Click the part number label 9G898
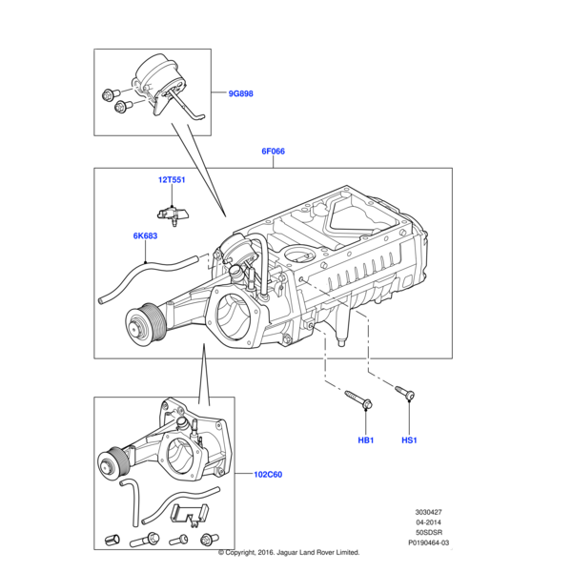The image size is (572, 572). tap(240, 93)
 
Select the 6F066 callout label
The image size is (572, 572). tap(274, 151)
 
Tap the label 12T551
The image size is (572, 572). tap(172, 179)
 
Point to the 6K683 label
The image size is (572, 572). tap(146, 236)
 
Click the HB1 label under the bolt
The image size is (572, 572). tap(365, 440)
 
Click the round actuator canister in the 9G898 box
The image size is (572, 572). tap(156, 73)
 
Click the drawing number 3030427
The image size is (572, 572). tap(428, 512)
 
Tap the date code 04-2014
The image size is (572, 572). tap(428, 522)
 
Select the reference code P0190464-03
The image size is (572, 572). tap(428, 542)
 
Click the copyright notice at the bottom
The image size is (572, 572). tap(288, 552)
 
